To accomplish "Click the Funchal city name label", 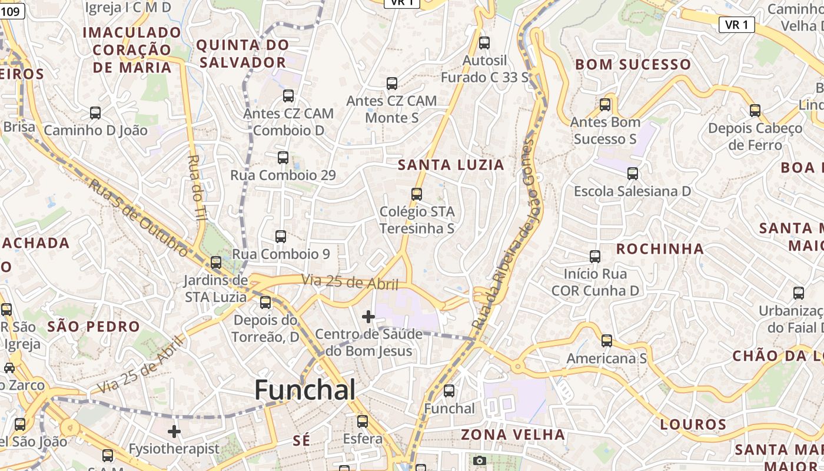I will coord(305,390).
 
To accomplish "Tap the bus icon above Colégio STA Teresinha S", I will coord(417,194).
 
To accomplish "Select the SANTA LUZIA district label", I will coord(451,165).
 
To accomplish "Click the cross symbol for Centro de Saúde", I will coord(368,317).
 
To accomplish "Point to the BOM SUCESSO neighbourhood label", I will coord(633,64).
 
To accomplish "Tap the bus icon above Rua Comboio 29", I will coord(283,157).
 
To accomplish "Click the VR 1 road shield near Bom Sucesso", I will coord(736,25).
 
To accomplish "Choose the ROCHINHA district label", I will coord(660,248).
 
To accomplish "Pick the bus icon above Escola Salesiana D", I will coord(633,174).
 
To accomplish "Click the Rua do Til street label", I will coord(197,187).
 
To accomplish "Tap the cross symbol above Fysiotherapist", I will coord(174,432).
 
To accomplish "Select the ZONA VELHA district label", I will coord(513,434).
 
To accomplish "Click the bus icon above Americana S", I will coord(607,341).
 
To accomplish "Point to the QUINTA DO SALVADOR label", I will coord(242,54).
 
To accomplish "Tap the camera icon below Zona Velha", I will coord(480,460).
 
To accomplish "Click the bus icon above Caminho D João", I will coord(95,112).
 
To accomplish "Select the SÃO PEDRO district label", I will coord(94,327).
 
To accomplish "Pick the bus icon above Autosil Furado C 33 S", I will coord(484,42).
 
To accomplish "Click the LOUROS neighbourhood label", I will coord(693,424).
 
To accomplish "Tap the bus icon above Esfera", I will coord(363,422).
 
